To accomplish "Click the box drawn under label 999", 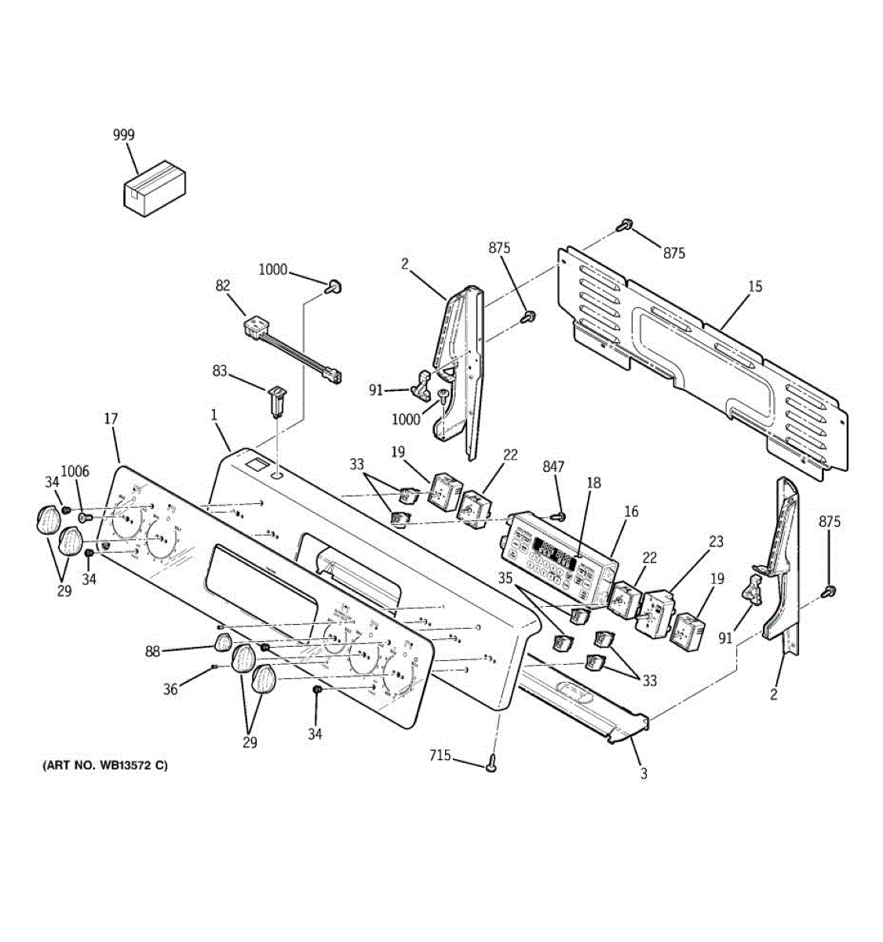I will click(155, 190).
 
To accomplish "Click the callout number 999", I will click(123, 135).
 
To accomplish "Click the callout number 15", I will click(754, 287).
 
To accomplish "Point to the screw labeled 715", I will click(492, 762).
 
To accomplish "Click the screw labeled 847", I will click(559, 517).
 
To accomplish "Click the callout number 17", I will click(111, 419).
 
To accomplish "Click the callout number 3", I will click(644, 774).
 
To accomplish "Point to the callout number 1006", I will click(75, 472).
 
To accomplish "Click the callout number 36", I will click(170, 689).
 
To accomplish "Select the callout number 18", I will click(594, 484).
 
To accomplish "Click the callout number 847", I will click(553, 467).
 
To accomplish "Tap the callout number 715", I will click(440, 755).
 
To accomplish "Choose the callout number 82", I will click(224, 286).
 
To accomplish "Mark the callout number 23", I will click(715, 542).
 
